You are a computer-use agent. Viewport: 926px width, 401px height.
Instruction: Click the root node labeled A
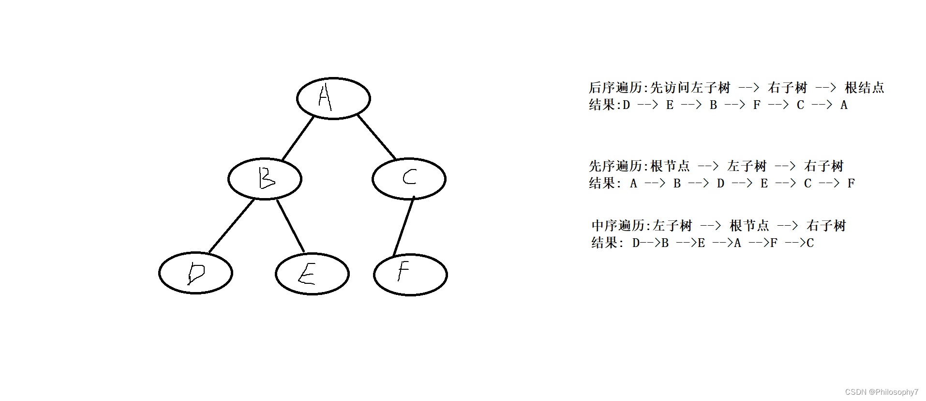point(333,98)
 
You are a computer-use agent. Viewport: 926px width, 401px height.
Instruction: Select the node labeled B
point(265,179)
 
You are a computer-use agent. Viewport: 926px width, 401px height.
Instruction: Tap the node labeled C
point(409,179)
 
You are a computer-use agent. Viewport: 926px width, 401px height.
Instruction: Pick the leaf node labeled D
point(195,273)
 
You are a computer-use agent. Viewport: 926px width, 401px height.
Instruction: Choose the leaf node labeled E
point(312,274)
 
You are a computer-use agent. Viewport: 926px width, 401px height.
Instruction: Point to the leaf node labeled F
point(410,275)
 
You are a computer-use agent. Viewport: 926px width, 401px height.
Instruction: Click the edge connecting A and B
point(298,139)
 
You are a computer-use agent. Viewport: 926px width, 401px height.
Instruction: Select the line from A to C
point(376,138)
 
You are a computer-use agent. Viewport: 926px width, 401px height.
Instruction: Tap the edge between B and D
point(231,226)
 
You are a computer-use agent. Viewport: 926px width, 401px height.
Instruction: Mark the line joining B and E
point(291,226)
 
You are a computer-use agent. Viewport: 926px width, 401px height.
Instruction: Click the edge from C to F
point(403,227)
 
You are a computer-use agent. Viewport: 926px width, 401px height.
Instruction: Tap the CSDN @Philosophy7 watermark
point(881,392)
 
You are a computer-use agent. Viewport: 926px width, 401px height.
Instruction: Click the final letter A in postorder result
point(844,105)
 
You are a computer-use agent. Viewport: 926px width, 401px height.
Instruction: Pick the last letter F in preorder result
point(851,184)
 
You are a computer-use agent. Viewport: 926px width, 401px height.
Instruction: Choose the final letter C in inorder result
point(810,243)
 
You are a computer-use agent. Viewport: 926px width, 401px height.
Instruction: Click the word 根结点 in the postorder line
point(864,88)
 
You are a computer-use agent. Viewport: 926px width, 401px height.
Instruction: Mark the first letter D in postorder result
point(626,105)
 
